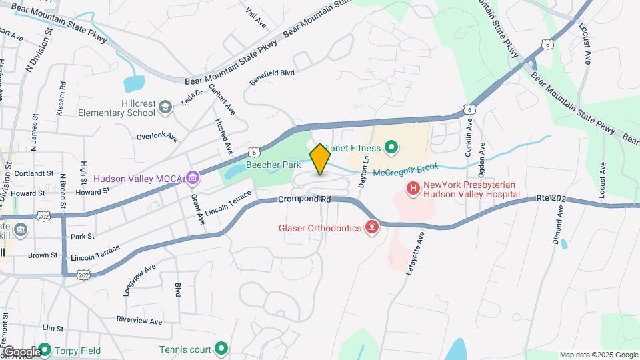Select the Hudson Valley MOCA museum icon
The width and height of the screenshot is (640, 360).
point(193,178)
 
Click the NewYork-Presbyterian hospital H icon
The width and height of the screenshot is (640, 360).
point(413,189)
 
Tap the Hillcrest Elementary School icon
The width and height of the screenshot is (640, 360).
point(186,103)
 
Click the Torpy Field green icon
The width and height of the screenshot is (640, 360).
point(45,349)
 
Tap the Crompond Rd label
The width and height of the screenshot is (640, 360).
point(305,199)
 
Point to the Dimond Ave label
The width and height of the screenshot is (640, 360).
point(556,223)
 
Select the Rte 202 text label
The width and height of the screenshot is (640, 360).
point(551,198)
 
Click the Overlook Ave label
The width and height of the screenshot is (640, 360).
point(157,137)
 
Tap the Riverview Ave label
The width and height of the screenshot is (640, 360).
point(139,321)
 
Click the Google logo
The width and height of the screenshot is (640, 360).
point(21,352)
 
